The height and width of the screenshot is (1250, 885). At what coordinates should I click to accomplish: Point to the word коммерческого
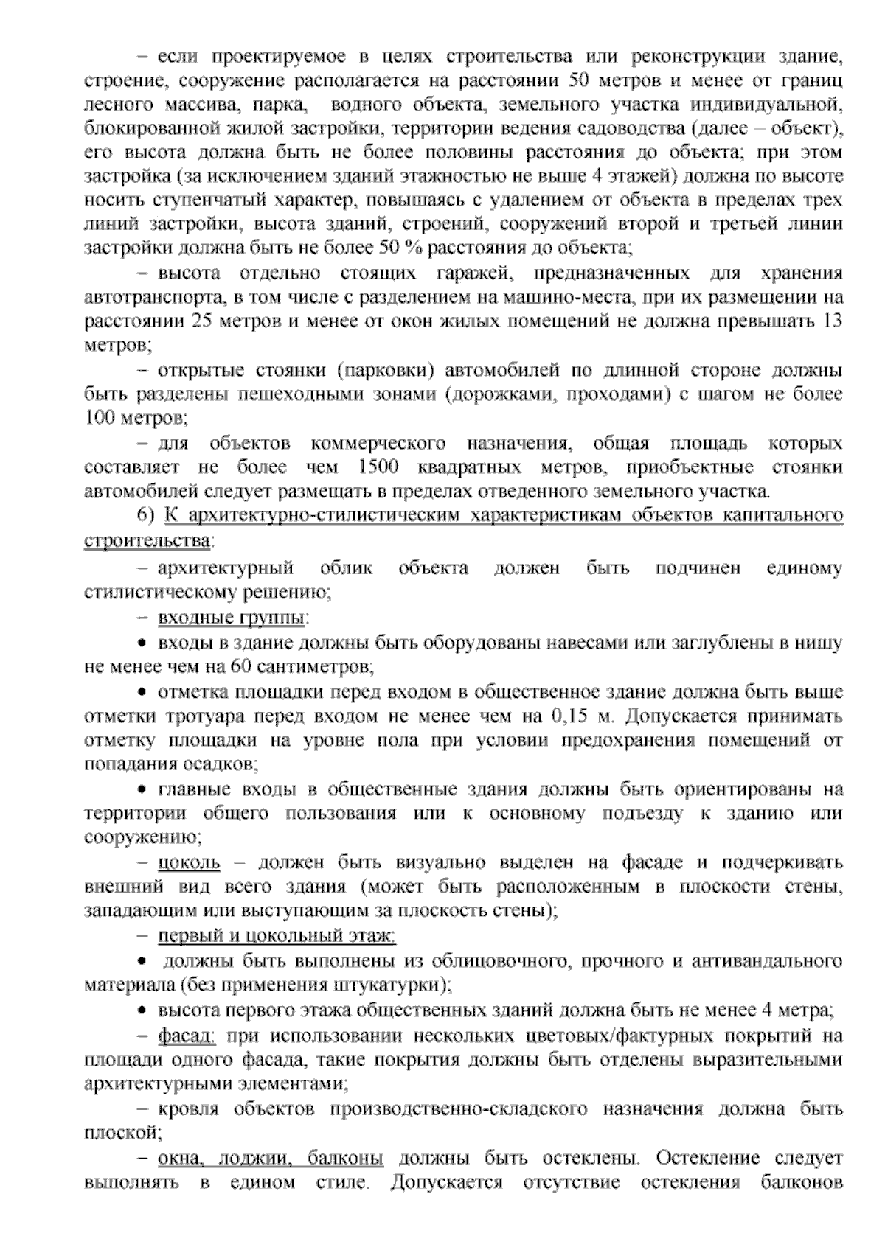pos(378,444)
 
